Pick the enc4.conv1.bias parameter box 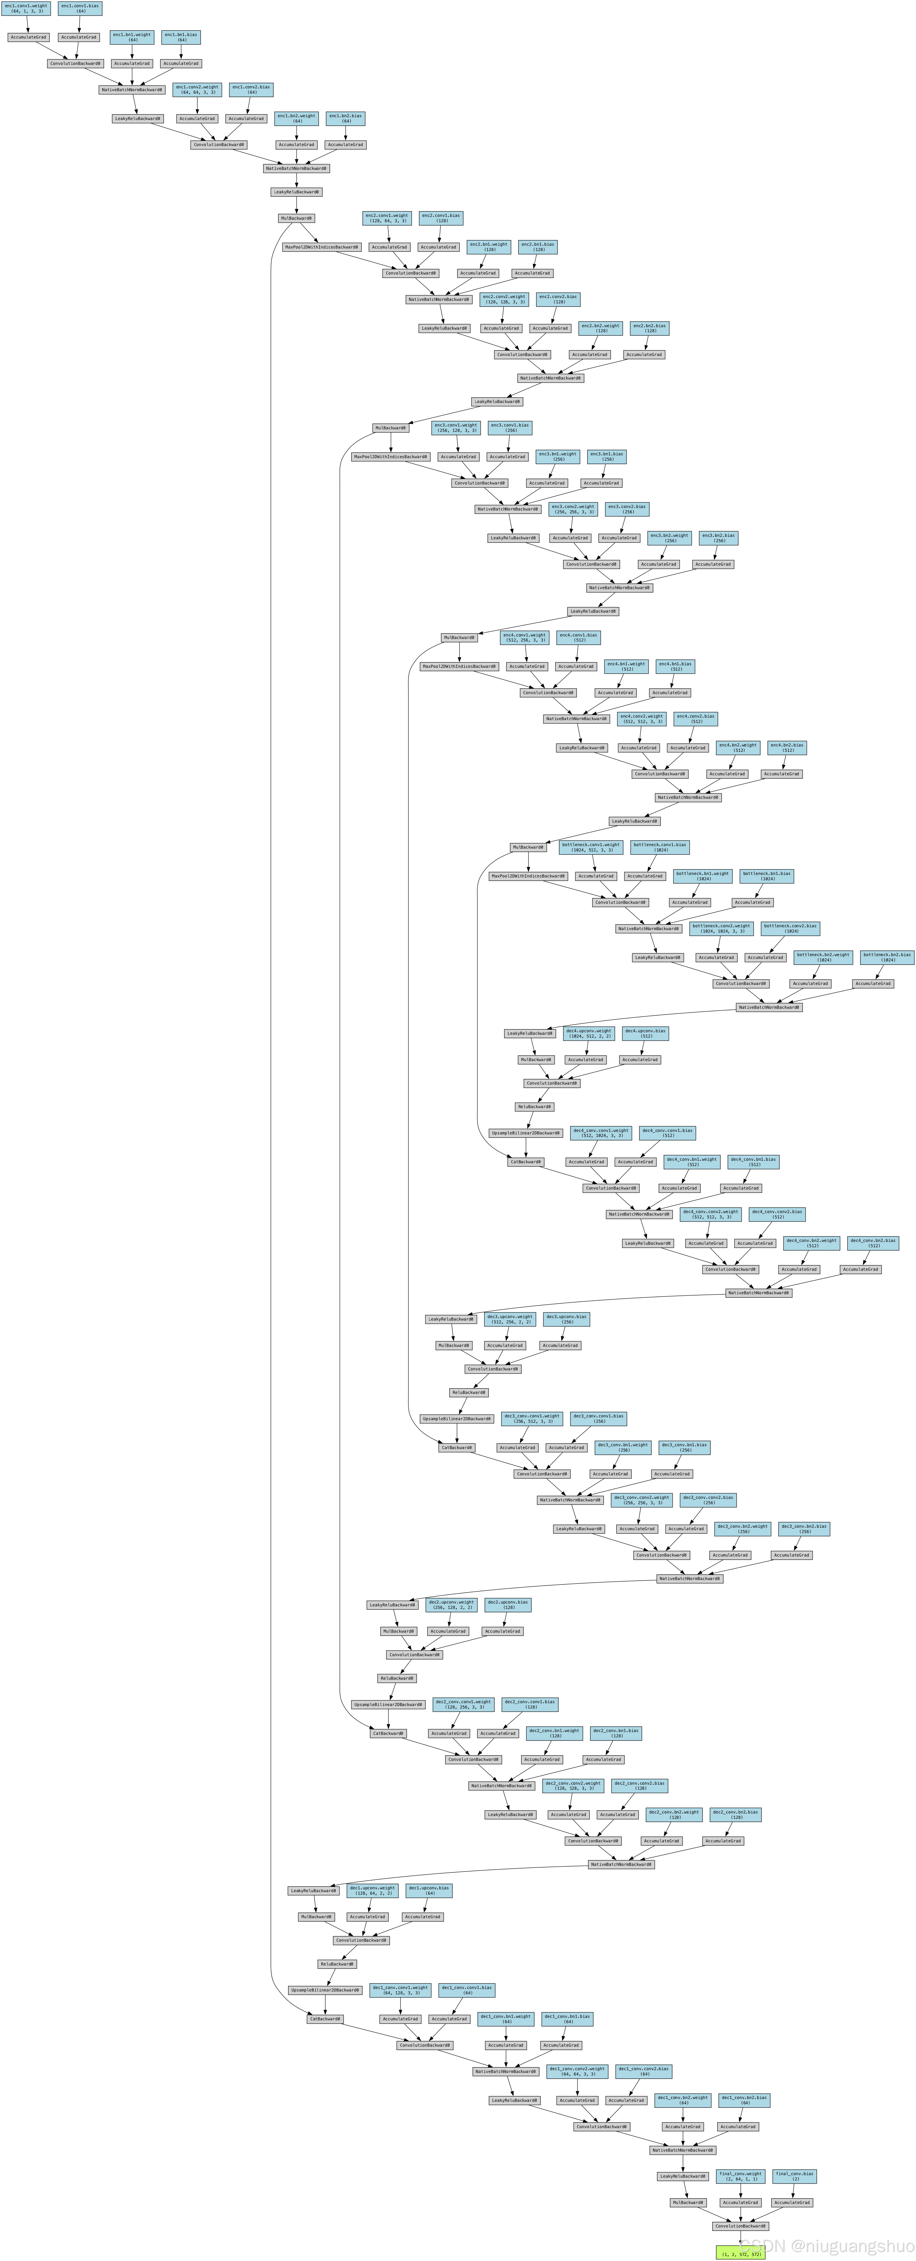point(580,637)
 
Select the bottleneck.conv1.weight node point(591,847)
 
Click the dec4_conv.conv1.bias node point(667,1133)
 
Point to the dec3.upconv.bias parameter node point(566,1319)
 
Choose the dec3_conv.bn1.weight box point(624,1447)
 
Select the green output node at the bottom point(740,2252)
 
